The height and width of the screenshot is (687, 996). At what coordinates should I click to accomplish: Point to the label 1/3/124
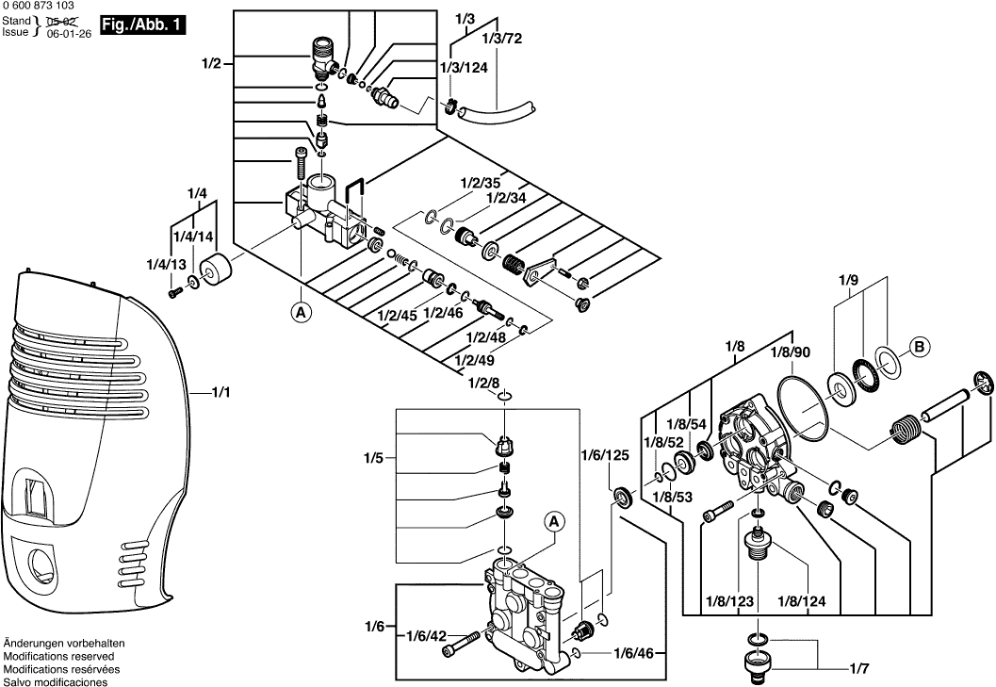[464, 69]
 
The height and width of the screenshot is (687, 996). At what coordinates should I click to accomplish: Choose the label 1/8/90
[790, 352]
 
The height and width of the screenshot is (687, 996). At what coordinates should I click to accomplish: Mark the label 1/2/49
[474, 359]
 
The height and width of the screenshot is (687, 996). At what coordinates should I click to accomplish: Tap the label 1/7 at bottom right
[858, 670]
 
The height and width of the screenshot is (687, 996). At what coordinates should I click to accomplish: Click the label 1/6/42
[426, 637]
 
